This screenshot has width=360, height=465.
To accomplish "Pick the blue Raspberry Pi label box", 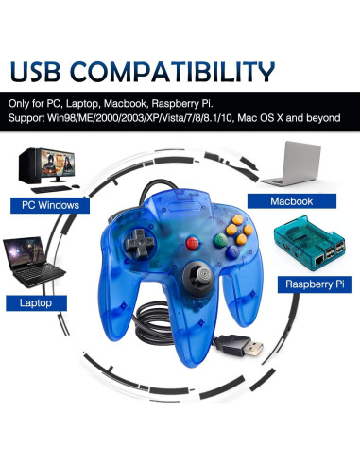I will coord(308,282).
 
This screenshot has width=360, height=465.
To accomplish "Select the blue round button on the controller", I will coord(204,226).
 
